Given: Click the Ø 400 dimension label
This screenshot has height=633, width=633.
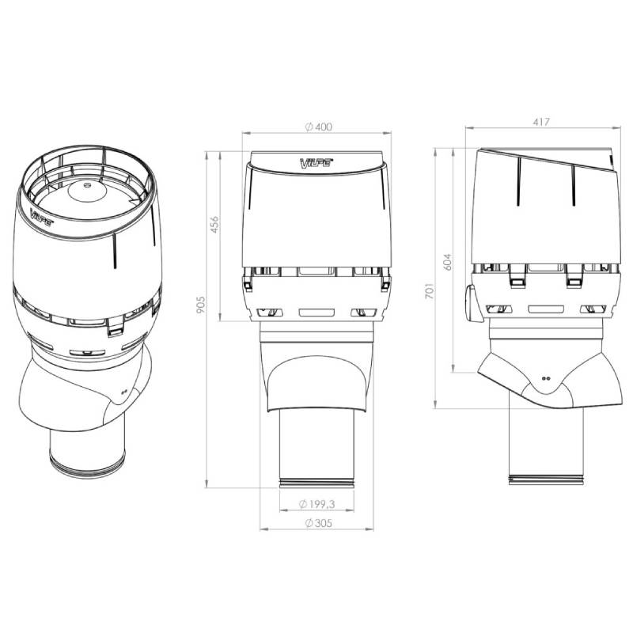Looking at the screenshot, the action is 319,127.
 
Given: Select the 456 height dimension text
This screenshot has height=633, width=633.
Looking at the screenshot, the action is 214,225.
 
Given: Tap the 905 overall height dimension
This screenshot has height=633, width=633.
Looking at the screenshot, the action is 201,305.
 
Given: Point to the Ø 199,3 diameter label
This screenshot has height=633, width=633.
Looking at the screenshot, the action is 317,504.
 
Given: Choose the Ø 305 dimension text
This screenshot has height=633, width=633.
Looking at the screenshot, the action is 319,523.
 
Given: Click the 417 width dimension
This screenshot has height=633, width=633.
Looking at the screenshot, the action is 541,122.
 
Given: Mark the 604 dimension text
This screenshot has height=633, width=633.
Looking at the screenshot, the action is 447,262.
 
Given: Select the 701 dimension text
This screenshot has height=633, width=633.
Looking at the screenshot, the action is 430,290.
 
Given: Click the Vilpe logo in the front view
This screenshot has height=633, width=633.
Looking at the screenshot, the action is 316,163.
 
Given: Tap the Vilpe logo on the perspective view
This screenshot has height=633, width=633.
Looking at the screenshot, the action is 42,216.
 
